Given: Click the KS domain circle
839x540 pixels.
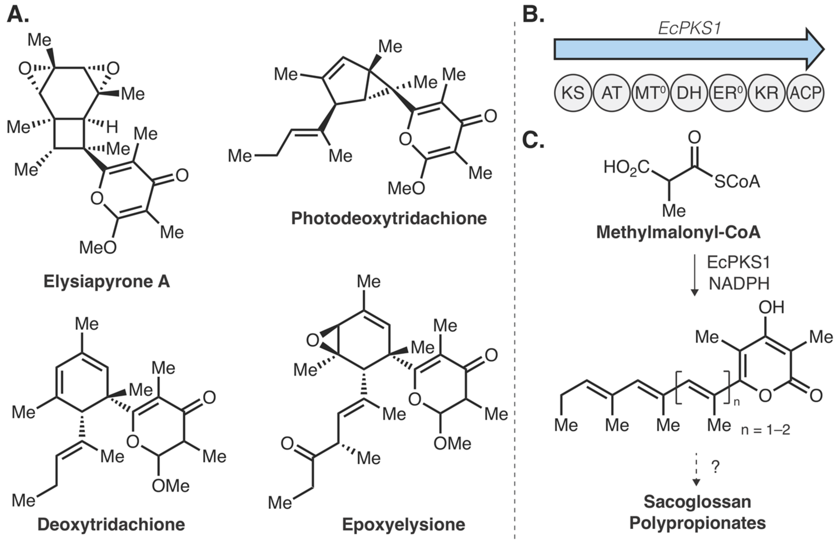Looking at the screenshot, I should [573, 93].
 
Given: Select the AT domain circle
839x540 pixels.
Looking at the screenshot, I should [611, 93].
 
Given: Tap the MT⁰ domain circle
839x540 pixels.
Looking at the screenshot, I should [650, 93].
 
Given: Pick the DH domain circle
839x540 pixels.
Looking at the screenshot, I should [689, 93].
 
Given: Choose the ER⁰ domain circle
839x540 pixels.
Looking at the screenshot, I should [727, 93].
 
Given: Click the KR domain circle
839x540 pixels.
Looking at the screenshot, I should [766, 93].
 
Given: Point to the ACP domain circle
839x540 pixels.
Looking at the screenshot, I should [805, 93].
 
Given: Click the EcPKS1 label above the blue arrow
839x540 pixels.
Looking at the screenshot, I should [689, 28].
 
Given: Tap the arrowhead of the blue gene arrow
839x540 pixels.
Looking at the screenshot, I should [814, 49].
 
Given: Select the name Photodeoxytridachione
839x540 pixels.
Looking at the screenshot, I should [389, 219].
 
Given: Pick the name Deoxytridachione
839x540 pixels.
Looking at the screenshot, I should [111, 525].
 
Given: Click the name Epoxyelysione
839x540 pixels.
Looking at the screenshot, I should [403, 525].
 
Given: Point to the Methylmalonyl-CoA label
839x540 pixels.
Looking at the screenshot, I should [678, 232].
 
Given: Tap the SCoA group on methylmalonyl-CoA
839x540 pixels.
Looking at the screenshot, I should [737, 182].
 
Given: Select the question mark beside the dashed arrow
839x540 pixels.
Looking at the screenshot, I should [715, 467].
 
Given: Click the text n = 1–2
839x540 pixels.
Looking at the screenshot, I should [765, 430].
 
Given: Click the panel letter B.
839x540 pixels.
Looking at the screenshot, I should [533, 15].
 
